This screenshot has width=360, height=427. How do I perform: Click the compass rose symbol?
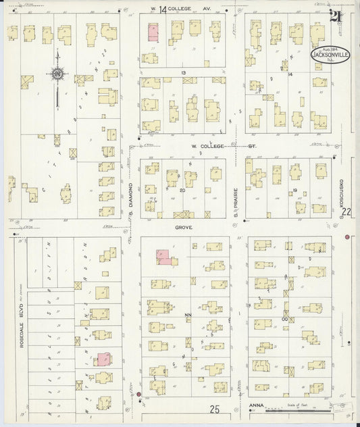click(x=57, y=73)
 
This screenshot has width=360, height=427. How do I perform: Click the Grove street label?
click(x=183, y=228)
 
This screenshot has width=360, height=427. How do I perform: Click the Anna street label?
click(x=255, y=406)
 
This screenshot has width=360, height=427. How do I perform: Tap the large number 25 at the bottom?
click(x=215, y=409)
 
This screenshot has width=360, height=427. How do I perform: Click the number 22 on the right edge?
click(x=347, y=211)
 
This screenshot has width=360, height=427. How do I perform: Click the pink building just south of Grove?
click(x=163, y=257)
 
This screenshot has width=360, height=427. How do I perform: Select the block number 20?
click(x=182, y=191)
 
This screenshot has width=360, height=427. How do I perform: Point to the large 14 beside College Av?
click(x=163, y=9)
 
